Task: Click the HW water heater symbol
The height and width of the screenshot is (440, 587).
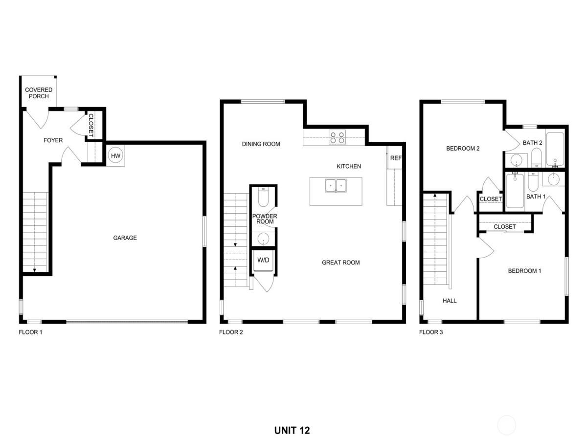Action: click(115, 155)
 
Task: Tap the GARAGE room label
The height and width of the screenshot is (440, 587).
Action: click(125, 238)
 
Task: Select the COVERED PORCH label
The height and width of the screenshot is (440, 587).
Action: click(39, 93)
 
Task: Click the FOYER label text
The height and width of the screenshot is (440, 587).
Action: click(53, 140)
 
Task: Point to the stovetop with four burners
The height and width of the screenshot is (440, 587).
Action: click(337, 137)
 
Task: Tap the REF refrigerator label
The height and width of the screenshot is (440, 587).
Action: click(395, 158)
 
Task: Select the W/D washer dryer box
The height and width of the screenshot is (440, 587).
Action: click(263, 260)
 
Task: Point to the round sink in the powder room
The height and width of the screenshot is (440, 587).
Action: click(263, 239)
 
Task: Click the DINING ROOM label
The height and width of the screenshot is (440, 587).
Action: click(261, 144)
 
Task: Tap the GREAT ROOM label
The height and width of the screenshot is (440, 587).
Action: click(340, 263)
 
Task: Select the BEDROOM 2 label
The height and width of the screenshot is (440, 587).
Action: click(462, 149)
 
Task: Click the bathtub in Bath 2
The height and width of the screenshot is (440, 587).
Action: click(555, 150)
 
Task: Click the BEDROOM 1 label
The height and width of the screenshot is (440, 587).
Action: click(524, 271)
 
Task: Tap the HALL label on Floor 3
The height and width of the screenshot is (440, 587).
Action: click(449, 301)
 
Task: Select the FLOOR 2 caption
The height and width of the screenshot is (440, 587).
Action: click(230, 332)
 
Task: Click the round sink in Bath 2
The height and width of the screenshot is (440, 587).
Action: click(516, 160)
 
